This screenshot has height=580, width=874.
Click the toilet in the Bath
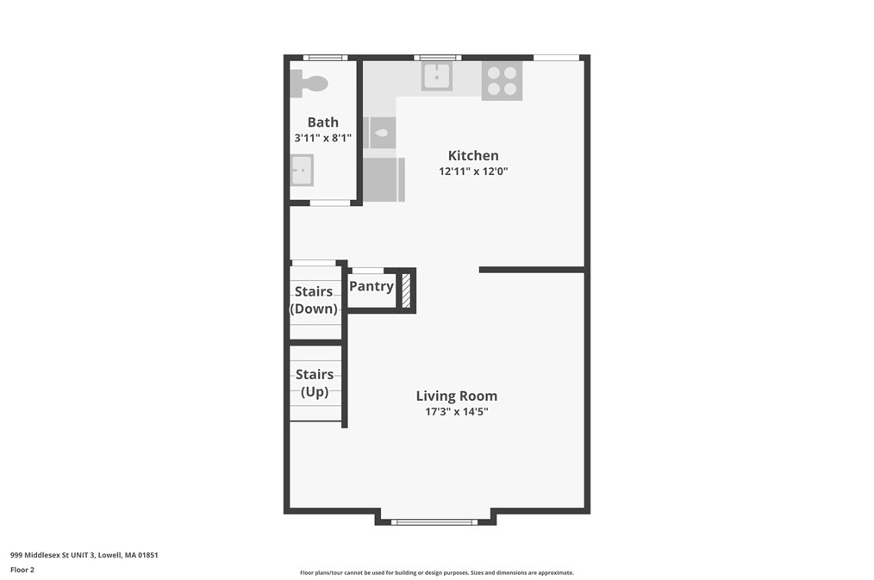311,84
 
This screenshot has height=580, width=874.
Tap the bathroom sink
302,171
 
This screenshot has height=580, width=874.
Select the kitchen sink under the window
436,77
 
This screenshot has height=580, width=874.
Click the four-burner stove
502,80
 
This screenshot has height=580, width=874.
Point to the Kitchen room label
473,156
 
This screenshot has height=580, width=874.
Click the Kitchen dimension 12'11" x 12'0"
473,172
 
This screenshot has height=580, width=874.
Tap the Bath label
323,122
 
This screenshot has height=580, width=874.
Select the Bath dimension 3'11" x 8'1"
323,138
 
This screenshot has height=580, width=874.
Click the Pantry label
371,286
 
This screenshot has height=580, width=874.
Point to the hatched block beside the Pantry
406,290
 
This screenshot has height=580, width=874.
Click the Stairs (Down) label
314,300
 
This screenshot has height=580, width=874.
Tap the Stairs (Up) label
315,383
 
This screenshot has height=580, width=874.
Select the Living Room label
456,396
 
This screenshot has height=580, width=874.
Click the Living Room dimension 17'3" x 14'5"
456,412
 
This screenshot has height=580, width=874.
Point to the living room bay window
435,521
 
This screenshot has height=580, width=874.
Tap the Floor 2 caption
22,570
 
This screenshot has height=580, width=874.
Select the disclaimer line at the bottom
436,572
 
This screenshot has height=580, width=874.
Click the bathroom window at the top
325,58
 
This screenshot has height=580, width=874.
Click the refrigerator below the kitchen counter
384,179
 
